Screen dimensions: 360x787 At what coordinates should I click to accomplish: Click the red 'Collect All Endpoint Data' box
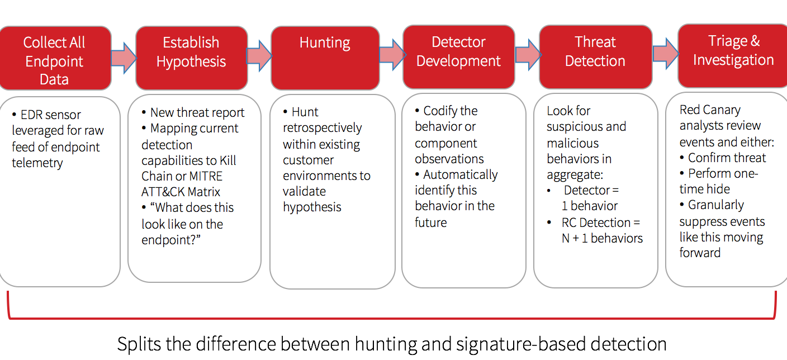pos(54,58)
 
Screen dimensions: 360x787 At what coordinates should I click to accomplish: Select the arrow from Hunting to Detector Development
pos(391,55)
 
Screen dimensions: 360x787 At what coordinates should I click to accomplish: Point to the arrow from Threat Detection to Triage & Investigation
pos(665,54)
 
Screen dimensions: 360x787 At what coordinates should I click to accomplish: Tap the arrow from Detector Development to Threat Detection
pos(527,55)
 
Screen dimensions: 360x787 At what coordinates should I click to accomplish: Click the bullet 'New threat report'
pos(197,112)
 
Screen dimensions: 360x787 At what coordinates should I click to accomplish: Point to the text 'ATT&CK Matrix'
pos(181,192)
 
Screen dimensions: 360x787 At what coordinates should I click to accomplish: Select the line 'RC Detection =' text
pos(601,222)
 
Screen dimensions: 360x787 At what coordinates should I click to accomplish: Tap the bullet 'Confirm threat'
pos(727,158)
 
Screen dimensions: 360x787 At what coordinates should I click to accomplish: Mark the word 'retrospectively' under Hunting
pos(322,128)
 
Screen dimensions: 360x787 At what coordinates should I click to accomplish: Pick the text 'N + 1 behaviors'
pos(602,238)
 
